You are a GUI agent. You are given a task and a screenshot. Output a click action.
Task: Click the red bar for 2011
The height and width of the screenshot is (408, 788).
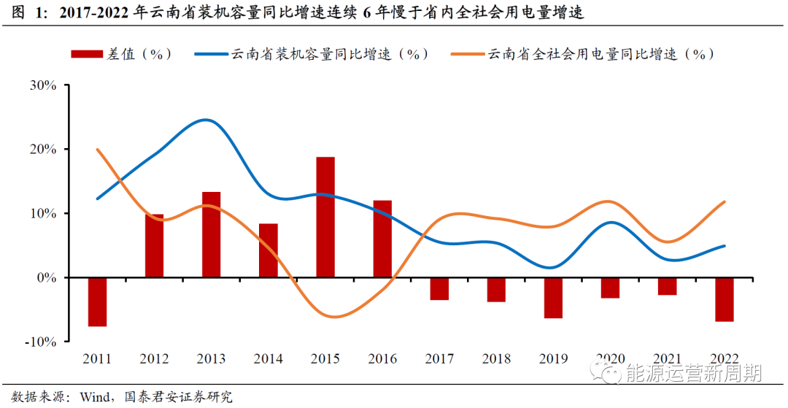coord(97,301)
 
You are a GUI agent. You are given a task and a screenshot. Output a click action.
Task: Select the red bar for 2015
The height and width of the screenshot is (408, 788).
coord(325,218)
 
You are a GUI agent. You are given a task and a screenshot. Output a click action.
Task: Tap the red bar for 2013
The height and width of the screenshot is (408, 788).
coord(211,234)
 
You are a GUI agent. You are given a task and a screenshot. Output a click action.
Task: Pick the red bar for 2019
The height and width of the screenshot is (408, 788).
coord(553,298)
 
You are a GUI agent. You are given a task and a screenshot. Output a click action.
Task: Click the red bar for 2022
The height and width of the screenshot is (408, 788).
coord(724,299)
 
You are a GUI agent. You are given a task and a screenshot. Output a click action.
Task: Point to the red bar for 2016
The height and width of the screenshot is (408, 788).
coord(382,239)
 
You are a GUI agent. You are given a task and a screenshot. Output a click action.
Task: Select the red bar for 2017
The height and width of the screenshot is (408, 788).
coord(439,289)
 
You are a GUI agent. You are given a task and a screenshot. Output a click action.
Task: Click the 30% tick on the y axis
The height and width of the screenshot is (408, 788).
coord(43,85)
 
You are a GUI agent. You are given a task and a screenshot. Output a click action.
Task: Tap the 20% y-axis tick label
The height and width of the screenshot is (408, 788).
coord(43,149)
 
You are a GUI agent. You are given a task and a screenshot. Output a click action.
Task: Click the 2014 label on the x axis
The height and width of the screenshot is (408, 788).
coord(268,359)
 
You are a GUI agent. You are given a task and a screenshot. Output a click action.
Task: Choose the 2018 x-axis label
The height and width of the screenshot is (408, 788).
coord(496,359)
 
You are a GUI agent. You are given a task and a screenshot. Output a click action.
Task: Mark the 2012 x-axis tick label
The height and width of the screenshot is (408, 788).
coord(154,359)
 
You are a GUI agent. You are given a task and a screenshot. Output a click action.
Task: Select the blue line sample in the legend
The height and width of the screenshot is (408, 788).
coord(212,54)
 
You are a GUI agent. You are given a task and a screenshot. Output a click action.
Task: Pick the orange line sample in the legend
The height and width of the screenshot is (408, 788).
coord(468,54)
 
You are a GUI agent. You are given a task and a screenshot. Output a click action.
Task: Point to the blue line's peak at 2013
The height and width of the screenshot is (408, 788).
coord(206,120)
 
